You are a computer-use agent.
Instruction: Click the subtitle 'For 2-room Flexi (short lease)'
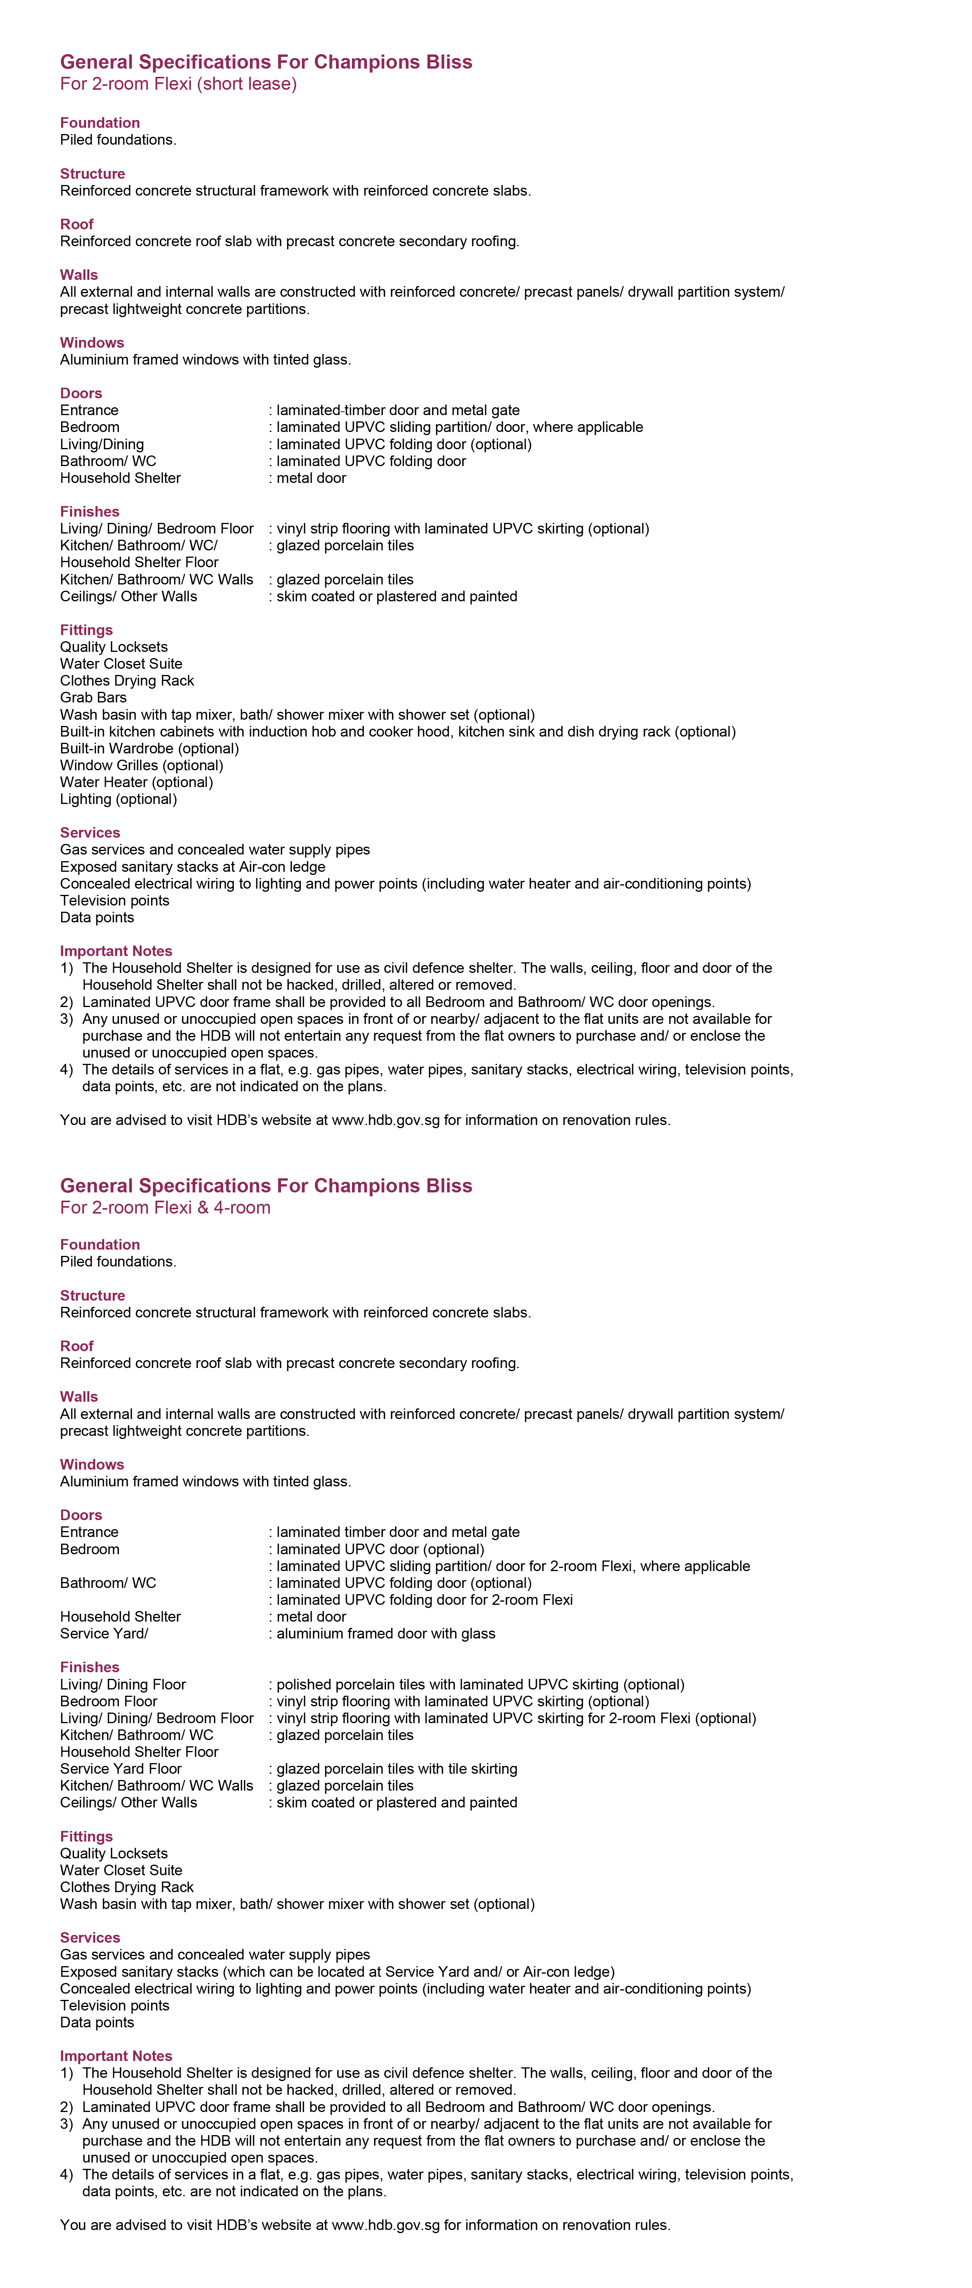178,84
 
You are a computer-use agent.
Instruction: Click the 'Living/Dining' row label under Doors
101,444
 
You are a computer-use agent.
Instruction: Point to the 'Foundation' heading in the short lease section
100,123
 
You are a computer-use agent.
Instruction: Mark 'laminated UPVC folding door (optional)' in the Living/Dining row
403,444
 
